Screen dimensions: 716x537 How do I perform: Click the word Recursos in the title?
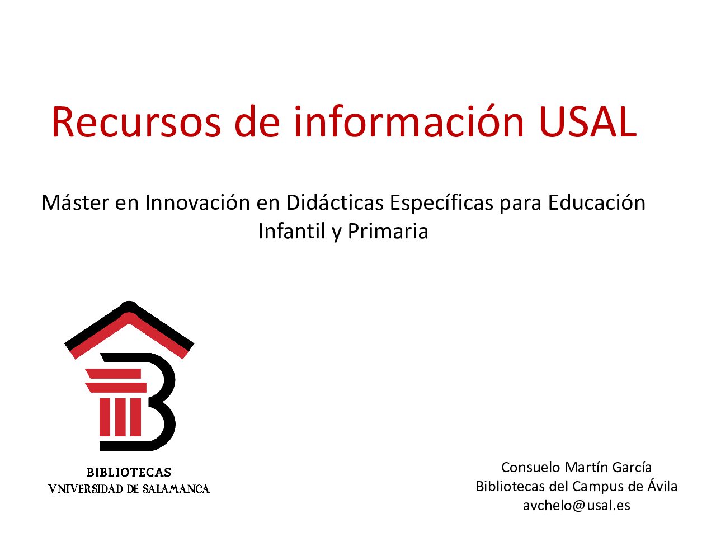click(x=136, y=121)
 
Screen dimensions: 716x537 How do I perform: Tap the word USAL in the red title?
click(x=587, y=121)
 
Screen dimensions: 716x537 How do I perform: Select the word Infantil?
click(x=292, y=231)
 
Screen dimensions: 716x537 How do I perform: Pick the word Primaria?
click(x=388, y=231)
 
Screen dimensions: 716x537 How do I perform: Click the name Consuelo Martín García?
click(x=576, y=467)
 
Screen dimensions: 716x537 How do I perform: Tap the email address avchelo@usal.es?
click(x=576, y=505)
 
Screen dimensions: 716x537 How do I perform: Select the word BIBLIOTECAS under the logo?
click(x=129, y=473)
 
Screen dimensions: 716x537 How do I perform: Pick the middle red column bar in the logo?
click(x=120, y=417)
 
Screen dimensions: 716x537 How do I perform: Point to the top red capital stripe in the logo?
click(x=113, y=374)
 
